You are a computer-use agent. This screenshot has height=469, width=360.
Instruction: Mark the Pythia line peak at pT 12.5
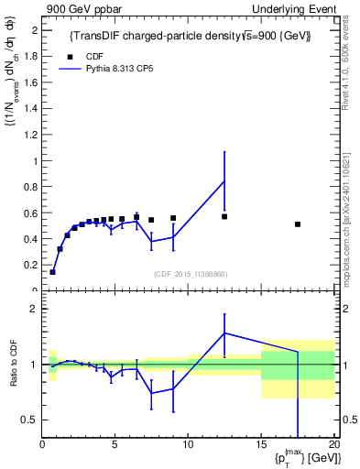point(224,180)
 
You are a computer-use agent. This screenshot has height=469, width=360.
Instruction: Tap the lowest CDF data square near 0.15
point(53,272)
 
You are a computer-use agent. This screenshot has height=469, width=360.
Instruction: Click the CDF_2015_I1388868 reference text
point(190,274)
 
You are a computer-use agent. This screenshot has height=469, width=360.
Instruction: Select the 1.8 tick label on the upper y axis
point(31,56)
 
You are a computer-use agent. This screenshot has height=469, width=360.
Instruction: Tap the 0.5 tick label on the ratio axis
point(29,420)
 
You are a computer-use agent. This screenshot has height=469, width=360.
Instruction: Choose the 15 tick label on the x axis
point(261,446)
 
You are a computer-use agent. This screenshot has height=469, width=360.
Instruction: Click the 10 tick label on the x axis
point(188,446)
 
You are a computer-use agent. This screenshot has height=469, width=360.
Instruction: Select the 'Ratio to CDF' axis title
point(13,364)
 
